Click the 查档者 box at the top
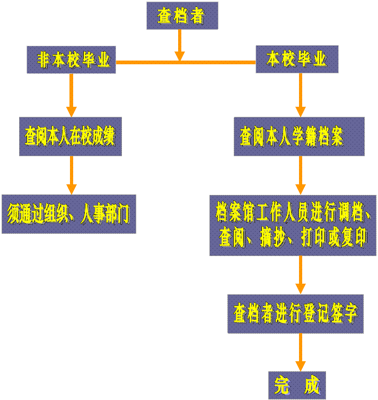coord(182,16)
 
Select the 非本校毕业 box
coord(72,59)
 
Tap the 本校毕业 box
coord(297,59)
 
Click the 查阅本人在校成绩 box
coord(71,137)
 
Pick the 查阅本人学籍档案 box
coord(299,137)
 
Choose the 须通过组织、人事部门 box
coord(68,214)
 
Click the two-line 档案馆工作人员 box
coord(293,225)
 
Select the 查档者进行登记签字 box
coord(295,313)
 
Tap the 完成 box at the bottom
coord(296,385)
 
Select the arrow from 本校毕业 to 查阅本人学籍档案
coord(301,96)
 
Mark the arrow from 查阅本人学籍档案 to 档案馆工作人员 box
coord(301,175)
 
